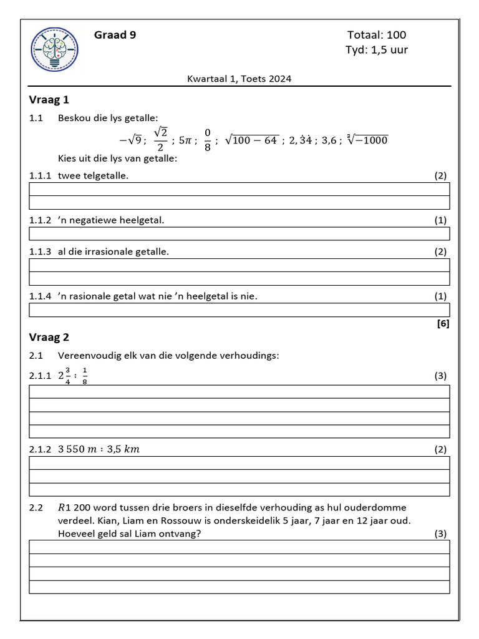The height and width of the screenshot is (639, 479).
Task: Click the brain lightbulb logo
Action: pos(55,50)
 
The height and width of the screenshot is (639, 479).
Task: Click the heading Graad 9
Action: pos(115,35)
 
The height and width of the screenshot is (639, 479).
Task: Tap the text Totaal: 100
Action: pos(377,35)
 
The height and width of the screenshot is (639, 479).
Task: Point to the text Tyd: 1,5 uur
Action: pos(377,50)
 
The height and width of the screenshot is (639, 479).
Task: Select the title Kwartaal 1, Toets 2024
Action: pos(239,79)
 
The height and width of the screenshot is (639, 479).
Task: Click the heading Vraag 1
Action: pos(49,99)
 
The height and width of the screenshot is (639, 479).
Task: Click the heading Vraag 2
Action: pos(49,338)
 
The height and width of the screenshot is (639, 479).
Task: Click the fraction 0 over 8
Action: pos(208,140)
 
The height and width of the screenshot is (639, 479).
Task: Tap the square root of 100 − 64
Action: pos(251,140)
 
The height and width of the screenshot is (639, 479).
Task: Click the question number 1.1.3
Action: pos(41,251)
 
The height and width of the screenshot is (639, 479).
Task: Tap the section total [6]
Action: pos(443,323)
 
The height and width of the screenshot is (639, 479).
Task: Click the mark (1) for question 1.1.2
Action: pos(440,220)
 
